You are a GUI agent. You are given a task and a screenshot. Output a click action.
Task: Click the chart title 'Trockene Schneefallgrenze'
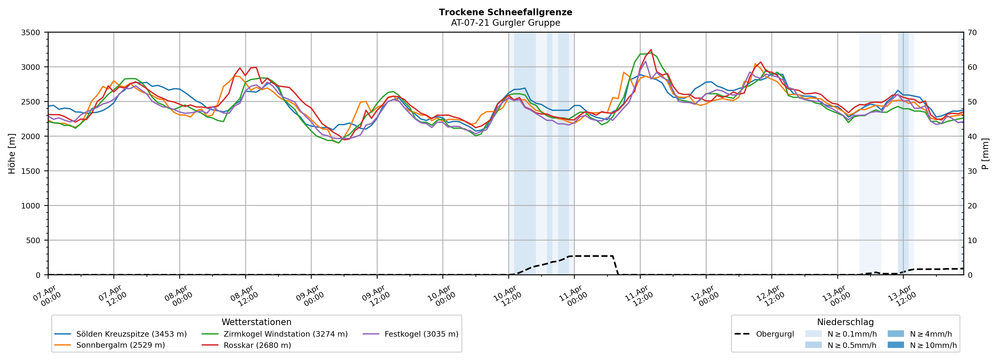505,12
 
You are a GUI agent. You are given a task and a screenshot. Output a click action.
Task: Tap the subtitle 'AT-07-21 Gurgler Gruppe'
505,23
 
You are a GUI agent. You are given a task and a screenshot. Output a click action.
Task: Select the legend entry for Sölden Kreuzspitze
131,334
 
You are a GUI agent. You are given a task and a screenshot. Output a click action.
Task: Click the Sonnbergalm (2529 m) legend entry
120,345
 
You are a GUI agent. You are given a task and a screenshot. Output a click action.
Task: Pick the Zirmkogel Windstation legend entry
285,334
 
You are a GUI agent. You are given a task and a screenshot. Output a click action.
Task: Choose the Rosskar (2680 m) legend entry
257,345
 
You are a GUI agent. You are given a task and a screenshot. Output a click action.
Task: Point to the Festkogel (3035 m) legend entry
421,334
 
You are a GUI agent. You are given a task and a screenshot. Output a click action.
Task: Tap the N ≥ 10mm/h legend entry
933,345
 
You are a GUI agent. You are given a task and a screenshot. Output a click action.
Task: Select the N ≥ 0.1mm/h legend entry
851,334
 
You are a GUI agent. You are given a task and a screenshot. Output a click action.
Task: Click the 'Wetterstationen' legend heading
257,322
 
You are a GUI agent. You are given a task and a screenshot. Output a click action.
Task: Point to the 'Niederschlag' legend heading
845,322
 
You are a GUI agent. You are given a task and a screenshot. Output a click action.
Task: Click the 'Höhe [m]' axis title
12,154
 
